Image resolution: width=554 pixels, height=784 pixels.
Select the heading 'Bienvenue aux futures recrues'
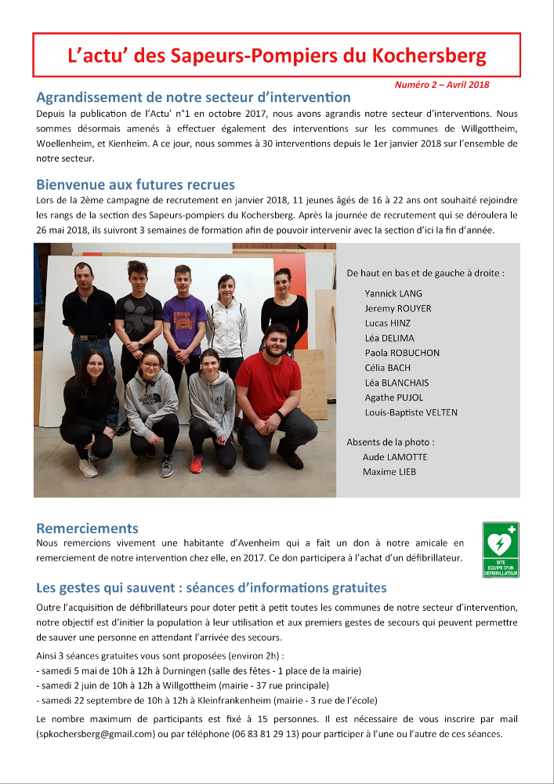(x=136, y=185)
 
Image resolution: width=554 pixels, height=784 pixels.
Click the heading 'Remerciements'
(x=87, y=528)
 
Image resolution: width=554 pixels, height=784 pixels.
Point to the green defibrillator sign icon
(x=501, y=550)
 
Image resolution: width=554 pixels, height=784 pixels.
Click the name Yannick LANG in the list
(x=393, y=293)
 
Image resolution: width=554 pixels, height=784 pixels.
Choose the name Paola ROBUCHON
(x=403, y=353)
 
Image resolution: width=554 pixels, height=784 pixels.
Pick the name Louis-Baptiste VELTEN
(x=411, y=412)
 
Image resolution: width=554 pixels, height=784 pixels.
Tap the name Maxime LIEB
(x=389, y=472)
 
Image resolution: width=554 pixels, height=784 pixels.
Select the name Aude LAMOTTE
(x=395, y=457)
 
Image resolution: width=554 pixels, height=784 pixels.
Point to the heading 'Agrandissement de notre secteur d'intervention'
(x=194, y=98)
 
